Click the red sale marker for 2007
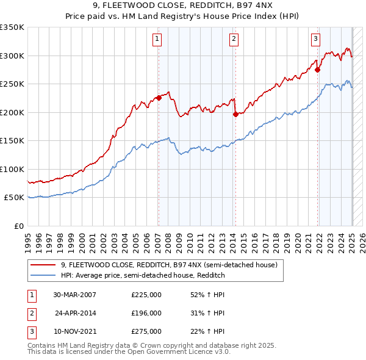pos(159,98)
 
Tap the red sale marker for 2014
pos(235,114)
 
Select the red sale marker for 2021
pos(318,70)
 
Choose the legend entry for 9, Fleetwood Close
pos(169,265)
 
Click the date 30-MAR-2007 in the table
pos(74,295)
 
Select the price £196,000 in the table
pos(146,313)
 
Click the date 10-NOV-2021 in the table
pos(74,331)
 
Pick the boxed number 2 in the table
pos(31,313)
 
